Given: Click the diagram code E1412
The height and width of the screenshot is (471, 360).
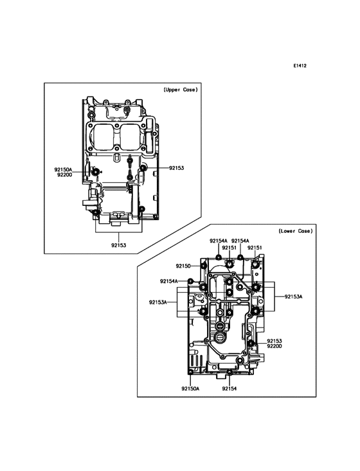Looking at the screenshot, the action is pos(300,66).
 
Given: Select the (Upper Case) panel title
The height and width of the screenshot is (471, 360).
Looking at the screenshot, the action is pos(181,89).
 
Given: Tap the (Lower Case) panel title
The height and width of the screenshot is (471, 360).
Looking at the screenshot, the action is pos(296,231).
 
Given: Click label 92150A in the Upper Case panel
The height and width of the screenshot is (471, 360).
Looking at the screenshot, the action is pos(63,170).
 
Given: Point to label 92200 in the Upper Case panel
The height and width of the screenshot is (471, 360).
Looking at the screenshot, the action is pos(64,174).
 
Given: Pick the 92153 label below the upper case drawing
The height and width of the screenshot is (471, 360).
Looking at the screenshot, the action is pos(118,245).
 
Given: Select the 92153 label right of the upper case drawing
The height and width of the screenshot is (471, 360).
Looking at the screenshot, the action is pos(176,168).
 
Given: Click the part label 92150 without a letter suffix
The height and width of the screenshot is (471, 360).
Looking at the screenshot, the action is pos(183,266).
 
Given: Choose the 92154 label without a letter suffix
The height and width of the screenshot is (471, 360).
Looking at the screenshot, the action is pos(230,389).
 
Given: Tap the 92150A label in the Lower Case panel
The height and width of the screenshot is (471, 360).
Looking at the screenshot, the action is pos(190,389).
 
